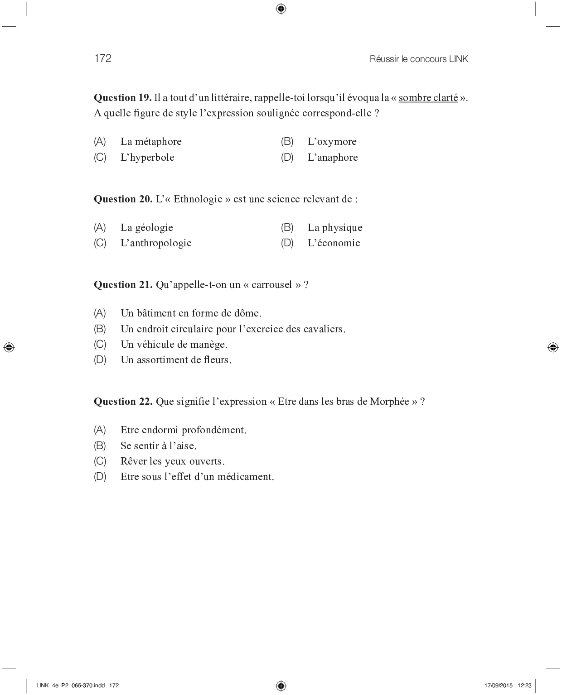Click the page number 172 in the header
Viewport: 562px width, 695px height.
(102, 58)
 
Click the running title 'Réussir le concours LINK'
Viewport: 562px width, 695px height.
(419, 59)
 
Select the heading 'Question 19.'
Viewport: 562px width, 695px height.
(122, 98)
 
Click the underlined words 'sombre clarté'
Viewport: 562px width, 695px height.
(428, 98)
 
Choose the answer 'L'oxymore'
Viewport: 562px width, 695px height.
(332, 142)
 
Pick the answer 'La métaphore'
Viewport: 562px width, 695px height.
(151, 142)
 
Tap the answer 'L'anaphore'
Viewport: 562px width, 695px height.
(333, 158)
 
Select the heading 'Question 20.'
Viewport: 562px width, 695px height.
(123, 199)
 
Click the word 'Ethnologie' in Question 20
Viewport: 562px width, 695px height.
(198, 199)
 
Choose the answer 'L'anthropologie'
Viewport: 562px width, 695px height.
(156, 243)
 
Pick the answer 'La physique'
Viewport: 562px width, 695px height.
(335, 228)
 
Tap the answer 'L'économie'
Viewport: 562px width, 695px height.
(334, 243)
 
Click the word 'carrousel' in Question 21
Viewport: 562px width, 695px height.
(272, 285)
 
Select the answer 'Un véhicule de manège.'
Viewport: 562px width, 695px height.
(174, 345)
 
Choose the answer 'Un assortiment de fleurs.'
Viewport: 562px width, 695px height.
(176, 360)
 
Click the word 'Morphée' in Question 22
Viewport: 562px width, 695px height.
(389, 402)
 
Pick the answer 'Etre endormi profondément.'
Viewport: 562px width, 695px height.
(184, 430)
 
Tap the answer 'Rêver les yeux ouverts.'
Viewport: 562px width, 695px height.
(173, 461)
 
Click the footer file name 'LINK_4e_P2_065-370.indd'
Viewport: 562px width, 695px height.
(71, 685)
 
